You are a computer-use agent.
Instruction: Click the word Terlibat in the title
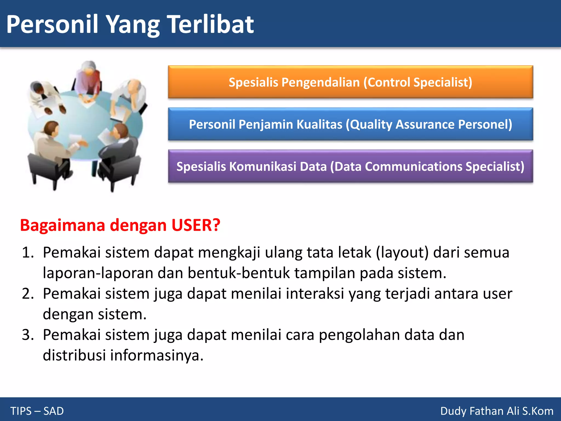[x=210, y=25]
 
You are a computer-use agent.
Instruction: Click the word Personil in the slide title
[x=52, y=25]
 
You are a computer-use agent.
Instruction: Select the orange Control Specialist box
[x=350, y=82]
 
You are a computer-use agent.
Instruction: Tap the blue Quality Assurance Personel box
[x=350, y=124]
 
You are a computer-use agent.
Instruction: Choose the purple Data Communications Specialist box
[x=350, y=166]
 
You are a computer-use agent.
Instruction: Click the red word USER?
[x=196, y=225]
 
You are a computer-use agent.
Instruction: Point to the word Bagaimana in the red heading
[x=62, y=225]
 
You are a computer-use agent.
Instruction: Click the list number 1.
[x=27, y=252]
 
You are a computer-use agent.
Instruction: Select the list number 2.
[x=27, y=294]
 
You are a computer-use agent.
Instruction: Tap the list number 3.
[x=27, y=335]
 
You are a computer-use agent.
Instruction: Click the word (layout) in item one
[x=402, y=252]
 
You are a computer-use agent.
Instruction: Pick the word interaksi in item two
[x=315, y=294]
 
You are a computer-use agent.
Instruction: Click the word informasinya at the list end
[x=157, y=355]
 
